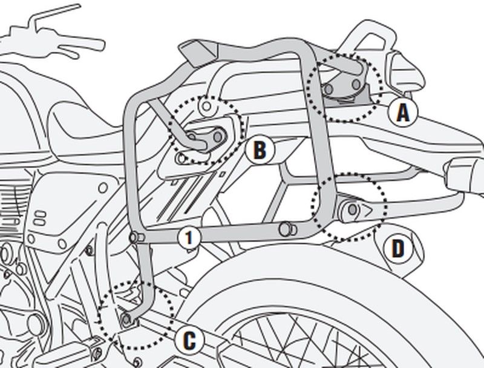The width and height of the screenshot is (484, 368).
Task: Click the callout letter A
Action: pos(402,112)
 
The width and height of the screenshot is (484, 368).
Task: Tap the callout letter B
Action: pos(259,150)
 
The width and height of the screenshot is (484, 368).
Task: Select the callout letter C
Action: pos(189,341)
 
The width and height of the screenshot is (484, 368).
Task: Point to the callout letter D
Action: pos(397,248)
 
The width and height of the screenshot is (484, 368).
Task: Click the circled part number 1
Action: pos(189,238)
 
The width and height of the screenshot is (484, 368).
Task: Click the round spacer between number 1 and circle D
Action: pos(284,229)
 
